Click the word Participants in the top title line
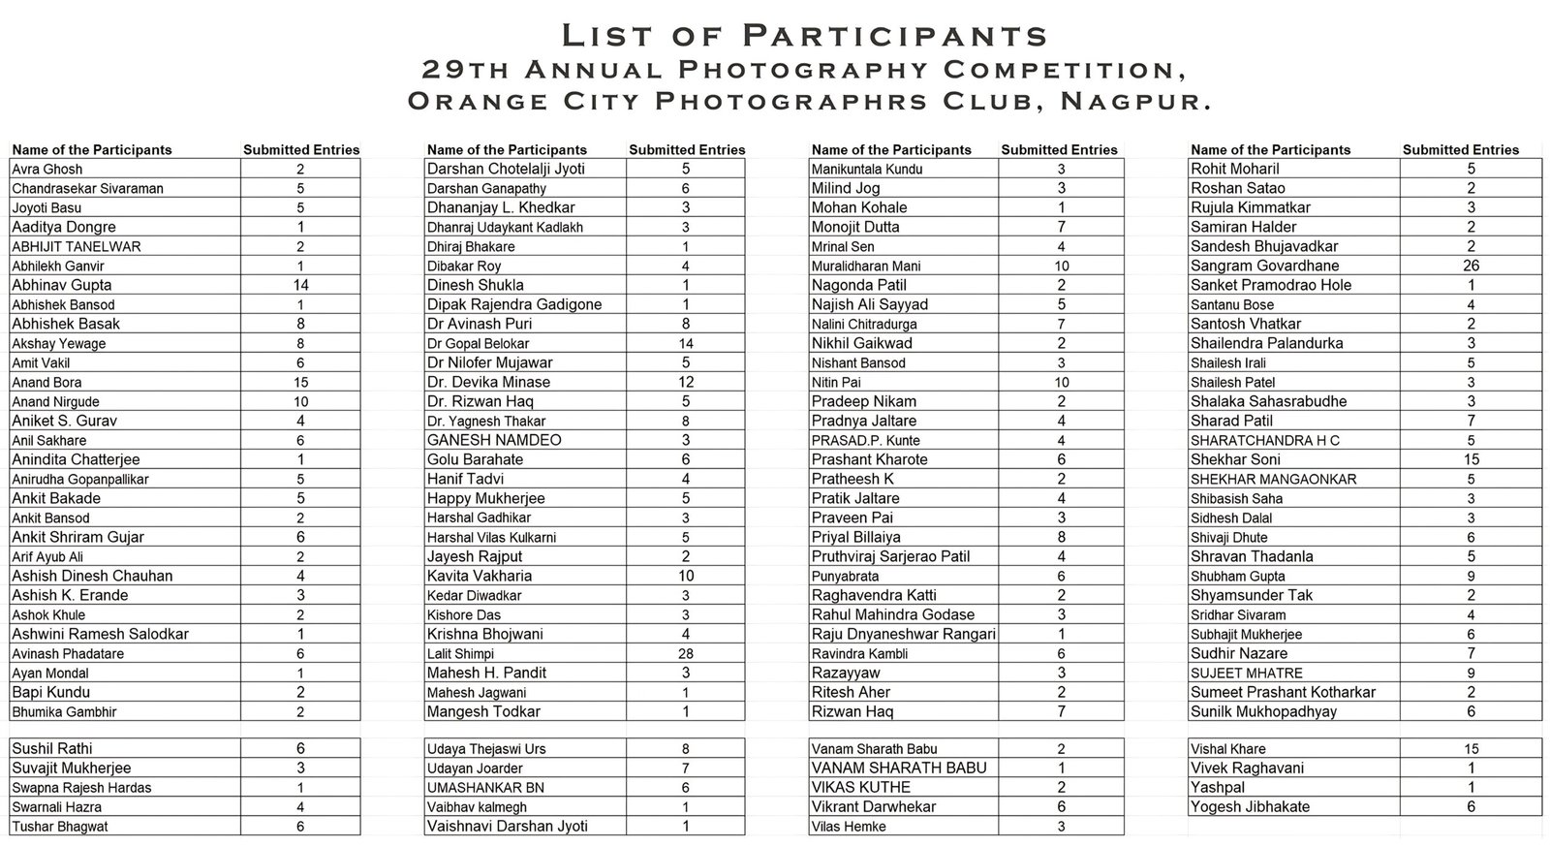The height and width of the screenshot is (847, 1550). (x=895, y=36)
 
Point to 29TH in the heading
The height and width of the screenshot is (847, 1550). (x=468, y=70)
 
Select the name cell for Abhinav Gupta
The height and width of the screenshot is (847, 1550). (x=62, y=285)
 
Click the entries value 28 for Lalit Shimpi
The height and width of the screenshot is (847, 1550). (x=685, y=653)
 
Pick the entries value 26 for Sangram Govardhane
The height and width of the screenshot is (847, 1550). (x=1472, y=266)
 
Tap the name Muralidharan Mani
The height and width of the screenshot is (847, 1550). (x=866, y=266)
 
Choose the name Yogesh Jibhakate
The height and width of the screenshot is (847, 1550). (x=1250, y=806)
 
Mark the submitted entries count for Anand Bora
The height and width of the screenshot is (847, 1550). (x=300, y=382)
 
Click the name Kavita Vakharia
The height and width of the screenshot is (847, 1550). (x=480, y=576)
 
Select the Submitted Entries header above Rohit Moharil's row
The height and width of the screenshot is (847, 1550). (x=1460, y=149)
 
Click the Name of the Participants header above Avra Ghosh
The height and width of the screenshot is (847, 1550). (x=92, y=149)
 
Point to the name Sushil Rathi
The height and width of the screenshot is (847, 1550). (x=52, y=748)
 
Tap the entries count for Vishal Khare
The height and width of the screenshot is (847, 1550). (x=1472, y=748)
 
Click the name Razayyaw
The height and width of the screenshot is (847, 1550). (x=846, y=673)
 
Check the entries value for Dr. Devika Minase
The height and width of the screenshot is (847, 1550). (x=685, y=382)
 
